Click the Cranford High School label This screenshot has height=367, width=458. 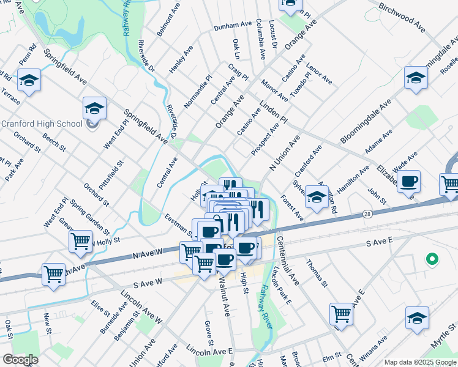click(42, 124)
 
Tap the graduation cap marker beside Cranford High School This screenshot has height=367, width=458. click(94, 109)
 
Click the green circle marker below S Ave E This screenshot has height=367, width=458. click(432, 259)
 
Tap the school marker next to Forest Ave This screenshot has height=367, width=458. click(317, 198)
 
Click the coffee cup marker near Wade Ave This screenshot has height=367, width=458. click(408, 181)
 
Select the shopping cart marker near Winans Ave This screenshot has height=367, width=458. click(342, 314)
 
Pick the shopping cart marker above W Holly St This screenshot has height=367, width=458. click(80, 242)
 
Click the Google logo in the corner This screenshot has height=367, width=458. click(20, 360)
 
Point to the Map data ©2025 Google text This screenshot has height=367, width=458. click(420, 362)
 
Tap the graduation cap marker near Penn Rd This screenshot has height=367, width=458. click(28, 80)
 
